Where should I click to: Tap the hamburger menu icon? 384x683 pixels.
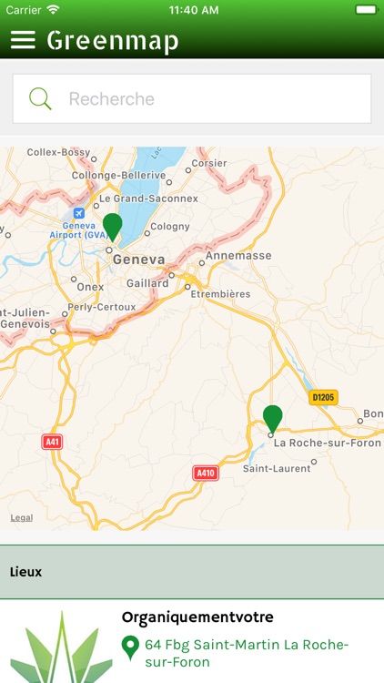(x=23, y=40)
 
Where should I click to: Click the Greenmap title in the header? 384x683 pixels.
(x=113, y=41)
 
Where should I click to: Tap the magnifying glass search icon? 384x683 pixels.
(x=41, y=98)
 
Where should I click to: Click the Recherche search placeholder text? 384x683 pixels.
(x=112, y=98)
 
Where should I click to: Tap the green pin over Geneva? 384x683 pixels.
(x=112, y=225)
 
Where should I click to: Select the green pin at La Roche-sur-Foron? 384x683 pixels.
(x=272, y=418)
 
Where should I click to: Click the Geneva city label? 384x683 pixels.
(x=138, y=260)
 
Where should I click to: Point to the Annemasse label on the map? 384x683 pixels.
(x=238, y=256)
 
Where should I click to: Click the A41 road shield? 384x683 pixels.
(x=53, y=442)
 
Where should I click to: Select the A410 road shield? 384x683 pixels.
(x=207, y=473)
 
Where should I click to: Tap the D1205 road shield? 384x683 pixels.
(x=323, y=397)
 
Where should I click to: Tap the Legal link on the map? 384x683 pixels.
(x=22, y=517)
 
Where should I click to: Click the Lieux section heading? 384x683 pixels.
(x=26, y=572)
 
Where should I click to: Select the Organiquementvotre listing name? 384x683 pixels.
(x=197, y=617)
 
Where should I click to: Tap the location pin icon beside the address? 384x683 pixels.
(x=130, y=647)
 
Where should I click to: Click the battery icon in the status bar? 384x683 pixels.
(x=365, y=10)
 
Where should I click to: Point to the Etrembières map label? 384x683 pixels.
(x=222, y=294)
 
